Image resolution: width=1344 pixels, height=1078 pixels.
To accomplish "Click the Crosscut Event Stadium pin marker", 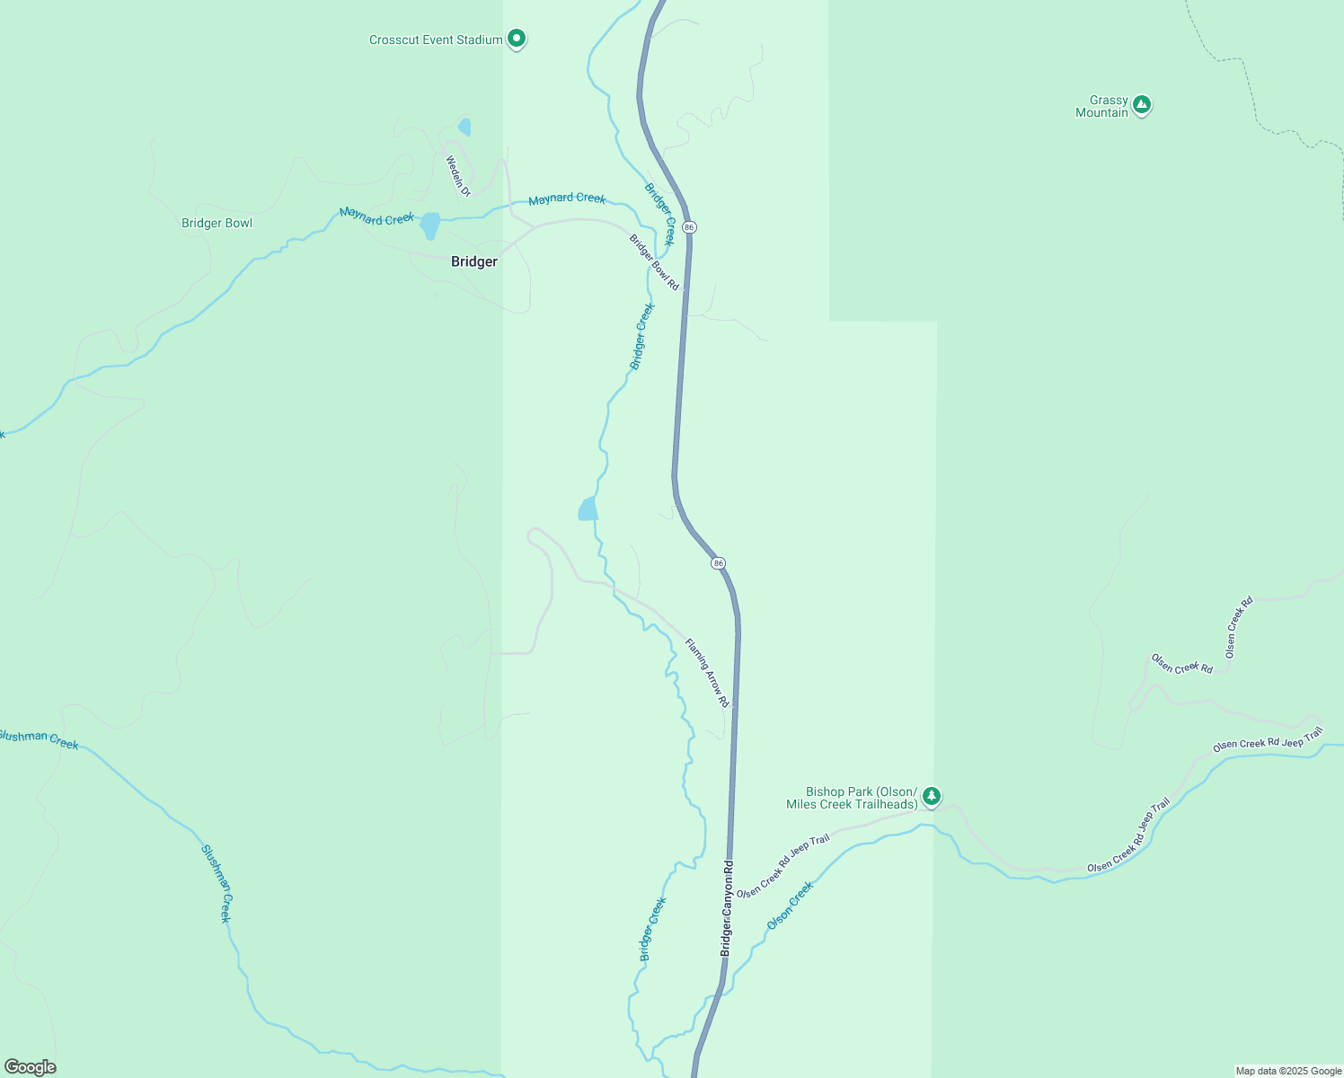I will pos(516,39).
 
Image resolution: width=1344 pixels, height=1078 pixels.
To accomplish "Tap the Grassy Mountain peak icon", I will pos(1141,105).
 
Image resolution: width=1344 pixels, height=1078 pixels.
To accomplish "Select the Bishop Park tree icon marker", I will pos(932,796).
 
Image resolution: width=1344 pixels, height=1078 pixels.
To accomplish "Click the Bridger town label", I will pos(473,261).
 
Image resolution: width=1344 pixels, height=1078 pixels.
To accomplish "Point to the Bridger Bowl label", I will pos(217,223).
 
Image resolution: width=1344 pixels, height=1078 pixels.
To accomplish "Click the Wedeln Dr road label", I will pos(458,176).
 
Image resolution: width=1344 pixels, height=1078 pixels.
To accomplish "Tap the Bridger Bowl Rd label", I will pos(654,262).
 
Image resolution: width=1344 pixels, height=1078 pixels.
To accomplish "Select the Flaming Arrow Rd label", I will pos(707,673).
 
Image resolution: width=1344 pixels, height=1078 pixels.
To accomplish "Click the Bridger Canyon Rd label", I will pos(727,907).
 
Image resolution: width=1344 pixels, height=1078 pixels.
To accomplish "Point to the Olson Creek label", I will pos(790,906).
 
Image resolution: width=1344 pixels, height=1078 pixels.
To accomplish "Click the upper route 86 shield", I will pos(689,227).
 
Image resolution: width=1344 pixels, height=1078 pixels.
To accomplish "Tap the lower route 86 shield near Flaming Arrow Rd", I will pos(718,563).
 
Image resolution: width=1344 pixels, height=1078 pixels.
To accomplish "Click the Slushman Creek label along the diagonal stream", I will pos(216,883).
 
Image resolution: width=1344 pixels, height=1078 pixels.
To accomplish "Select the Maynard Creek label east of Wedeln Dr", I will pos(567,199).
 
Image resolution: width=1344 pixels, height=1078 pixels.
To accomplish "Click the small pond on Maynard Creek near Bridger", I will pos(430,225).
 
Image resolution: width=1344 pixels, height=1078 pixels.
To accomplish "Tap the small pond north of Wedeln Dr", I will pos(464,127).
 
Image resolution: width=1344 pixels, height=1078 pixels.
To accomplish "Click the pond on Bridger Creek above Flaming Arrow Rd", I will pos(588,509).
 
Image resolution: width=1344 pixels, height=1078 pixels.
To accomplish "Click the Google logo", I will pos(30,1067).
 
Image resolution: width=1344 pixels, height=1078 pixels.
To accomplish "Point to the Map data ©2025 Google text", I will pos(1287,1071).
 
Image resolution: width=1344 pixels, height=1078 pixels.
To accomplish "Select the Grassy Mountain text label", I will pos(1102,106).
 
